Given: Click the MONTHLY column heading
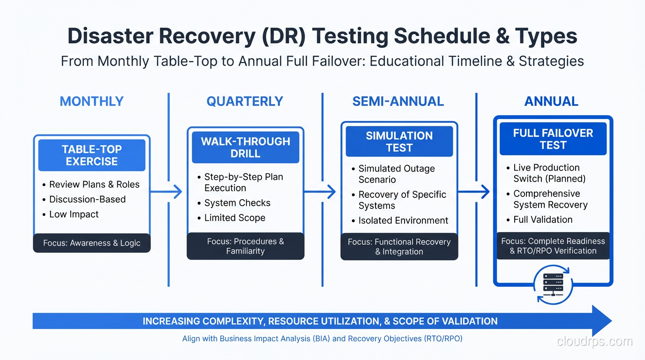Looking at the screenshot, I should coord(91,101).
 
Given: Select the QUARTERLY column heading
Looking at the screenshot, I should coord(245,101).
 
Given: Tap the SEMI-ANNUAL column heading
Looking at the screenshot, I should coord(398,101).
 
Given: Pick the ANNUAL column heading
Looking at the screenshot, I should coord(551,101).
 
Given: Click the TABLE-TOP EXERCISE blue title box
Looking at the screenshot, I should coord(92,155).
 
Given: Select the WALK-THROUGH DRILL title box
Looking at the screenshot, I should coord(245,148).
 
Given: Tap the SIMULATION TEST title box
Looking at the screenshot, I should coord(399,142).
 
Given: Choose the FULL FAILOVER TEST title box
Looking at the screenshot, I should coord(553,139).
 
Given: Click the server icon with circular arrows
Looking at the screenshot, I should coord(553,284).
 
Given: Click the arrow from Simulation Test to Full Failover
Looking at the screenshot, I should coord(475,191).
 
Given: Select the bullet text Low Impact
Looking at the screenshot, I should coord(74,214).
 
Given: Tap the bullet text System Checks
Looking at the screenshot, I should coord(237,203).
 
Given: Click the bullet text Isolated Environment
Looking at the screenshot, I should coord(403,220).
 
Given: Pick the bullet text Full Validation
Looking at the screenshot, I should coord(542,219).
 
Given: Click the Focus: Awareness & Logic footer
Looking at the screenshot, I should coord(92,243).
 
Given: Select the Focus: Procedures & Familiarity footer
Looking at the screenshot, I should coord(245,246).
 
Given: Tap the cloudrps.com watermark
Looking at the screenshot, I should coord(594,341).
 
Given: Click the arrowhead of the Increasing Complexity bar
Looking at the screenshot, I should coord(602,321).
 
